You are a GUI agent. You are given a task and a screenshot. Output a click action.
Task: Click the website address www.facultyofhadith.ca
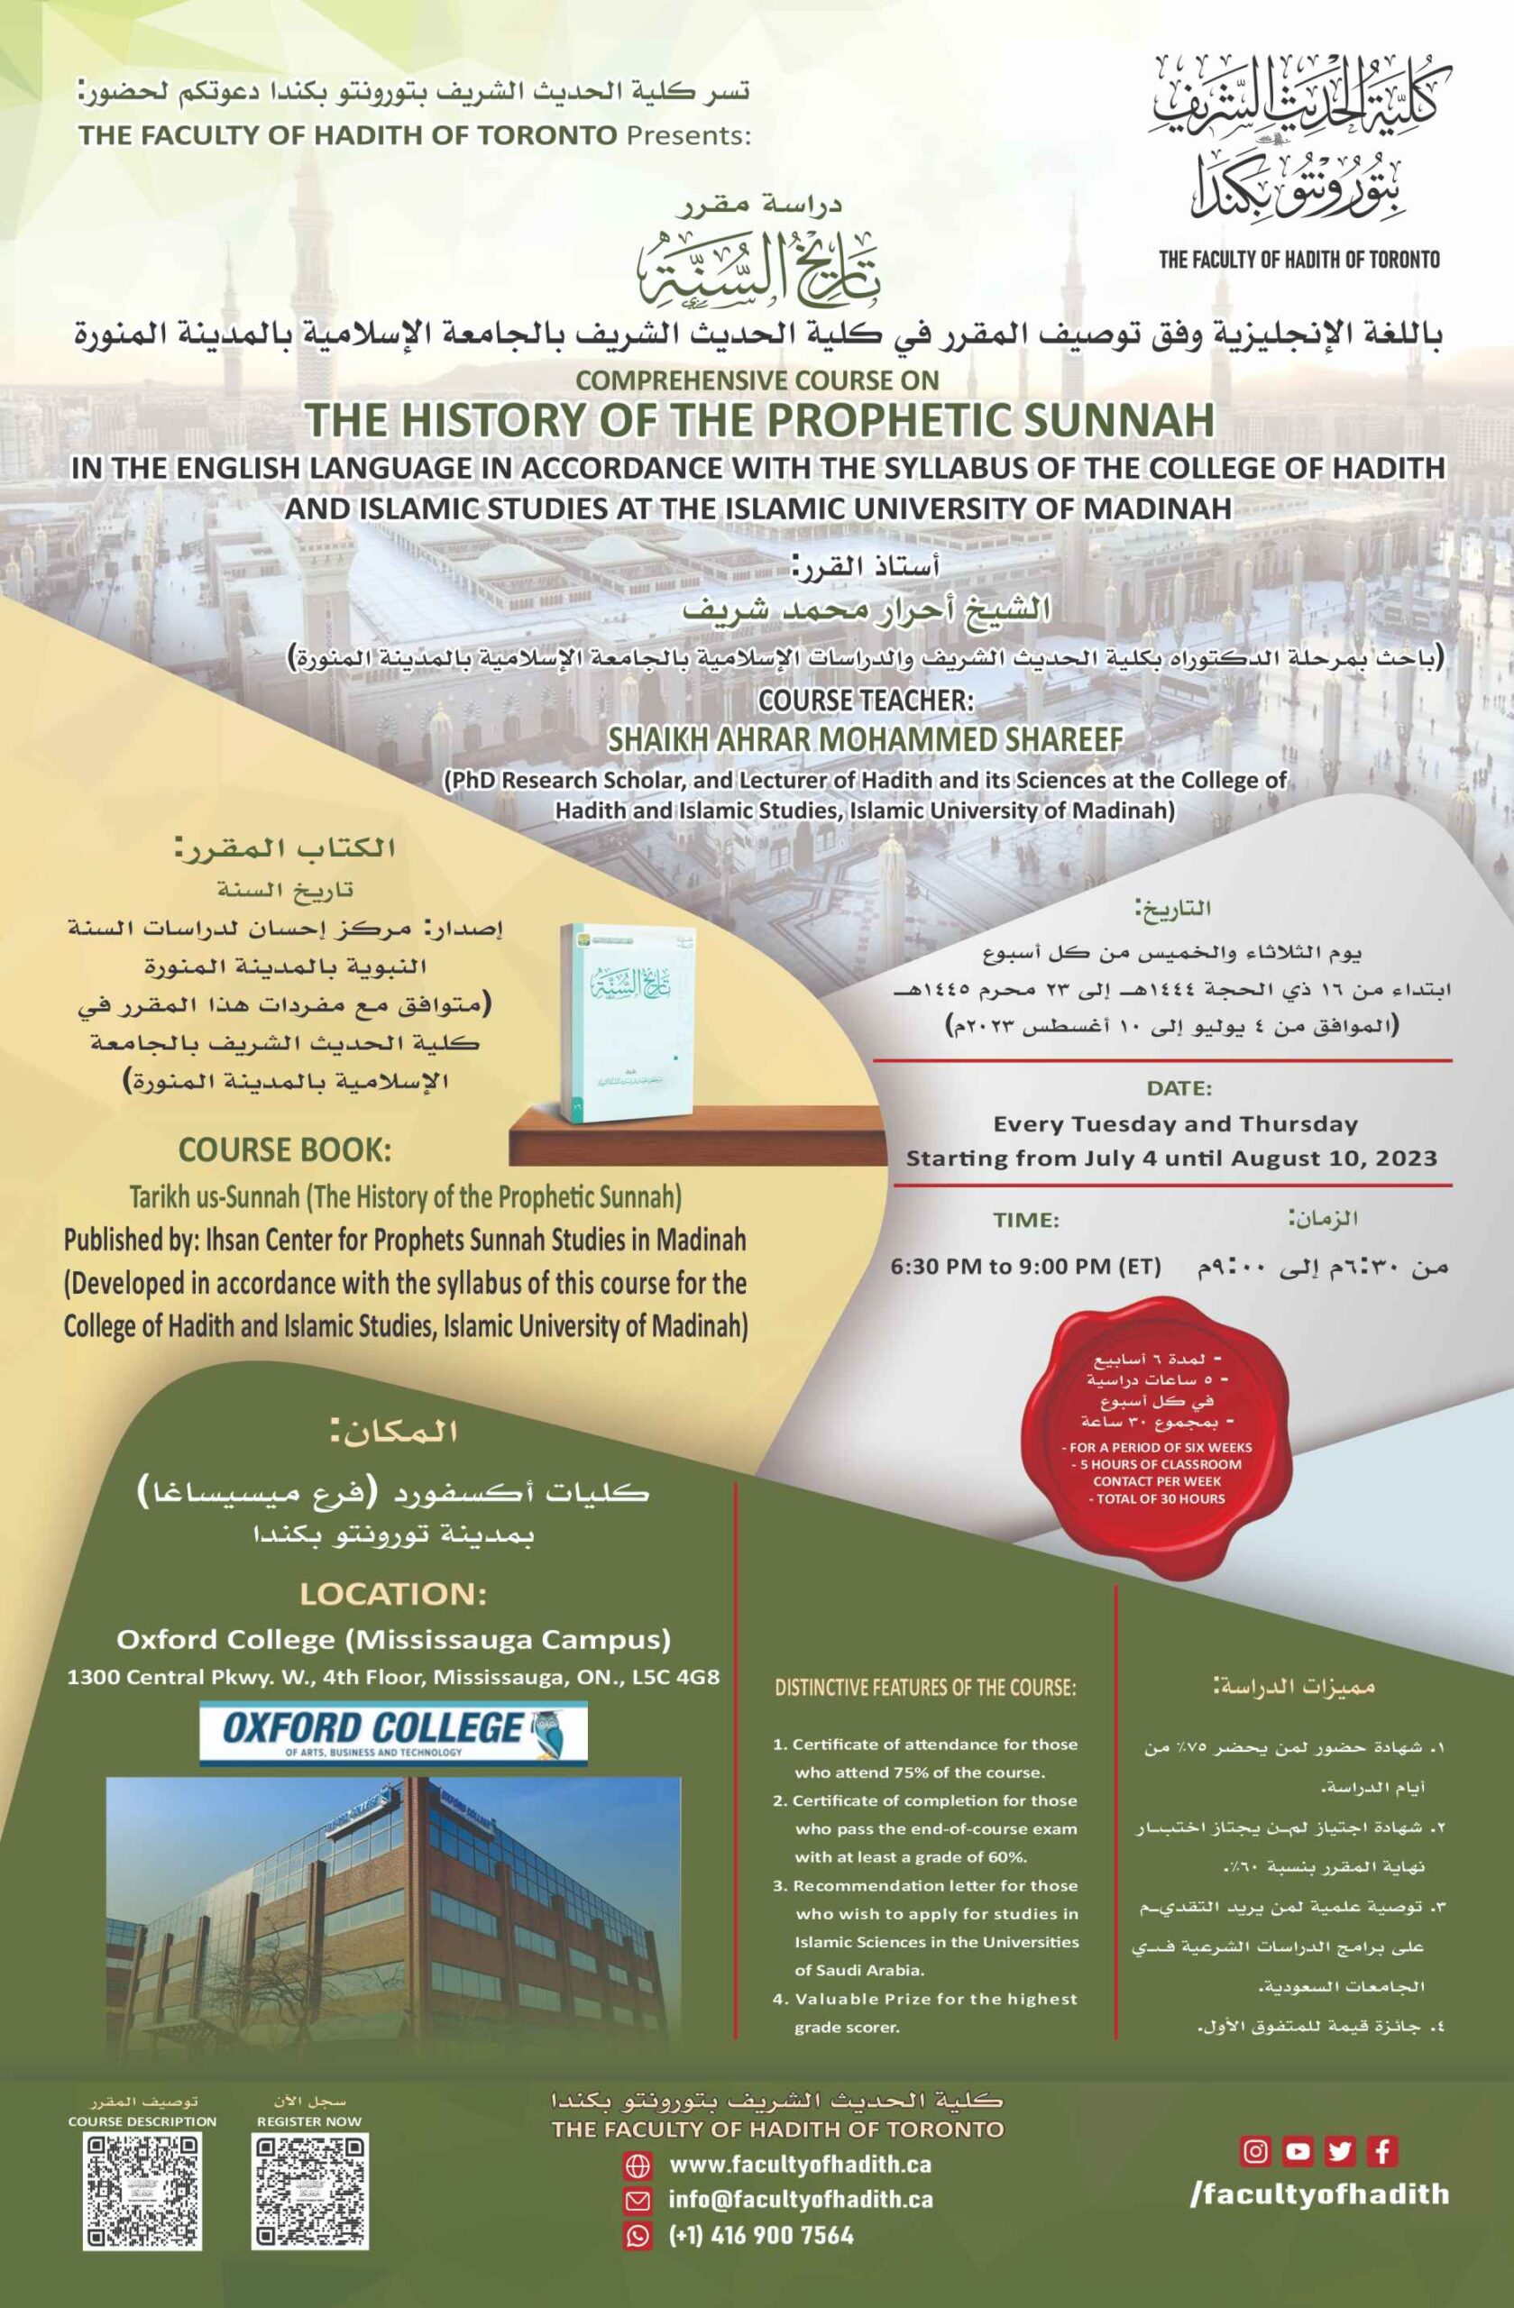click(800, 2166)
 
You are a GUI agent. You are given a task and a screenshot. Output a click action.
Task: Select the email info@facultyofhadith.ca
click(800, 2201)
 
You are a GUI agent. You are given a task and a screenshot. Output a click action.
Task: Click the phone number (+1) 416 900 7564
click(761, 2235)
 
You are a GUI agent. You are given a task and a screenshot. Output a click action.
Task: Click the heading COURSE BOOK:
click(284, 1151)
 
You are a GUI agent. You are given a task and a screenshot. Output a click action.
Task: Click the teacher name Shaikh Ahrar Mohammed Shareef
click(864, 739)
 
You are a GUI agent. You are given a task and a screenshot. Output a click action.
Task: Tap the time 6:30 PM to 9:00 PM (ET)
click(1025, 1268)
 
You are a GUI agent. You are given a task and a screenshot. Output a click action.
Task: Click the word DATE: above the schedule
click(1179, 1088)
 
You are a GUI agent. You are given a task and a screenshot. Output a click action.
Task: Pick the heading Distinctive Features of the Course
click(925, 1689)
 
